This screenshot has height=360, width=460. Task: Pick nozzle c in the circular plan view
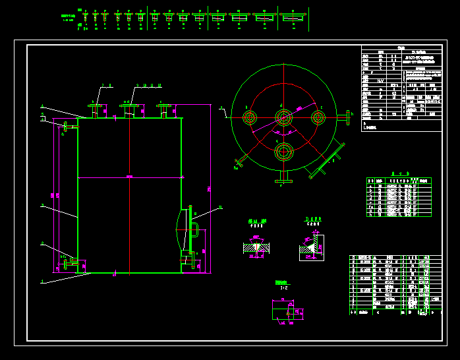pyautogui.click(x=318, y=118)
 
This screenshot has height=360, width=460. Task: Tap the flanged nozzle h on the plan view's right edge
pyautogui.click(x=345, y=118)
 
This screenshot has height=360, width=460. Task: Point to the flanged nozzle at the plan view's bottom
pyautogui.click(x=283, y=176)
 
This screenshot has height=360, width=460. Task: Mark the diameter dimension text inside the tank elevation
pyautogui.click(x=129, y=177)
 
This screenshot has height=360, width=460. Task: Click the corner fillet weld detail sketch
pyautogui.click(x=311, y=247)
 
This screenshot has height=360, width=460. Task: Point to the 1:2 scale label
pyautogui.click(x=283, y=287)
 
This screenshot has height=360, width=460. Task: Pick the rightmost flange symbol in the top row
pyautogui.click(x=293, y=17)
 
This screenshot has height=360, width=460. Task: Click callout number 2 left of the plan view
pyautogui.click(x=221, y=106)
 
